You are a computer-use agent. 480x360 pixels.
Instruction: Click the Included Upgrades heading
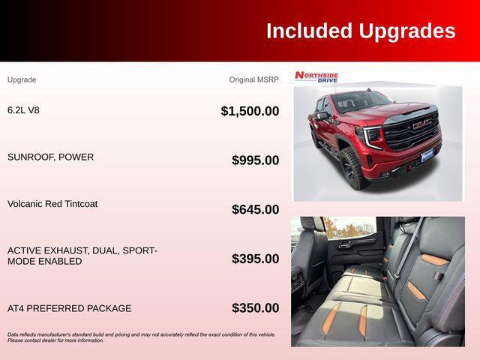coord(360,31)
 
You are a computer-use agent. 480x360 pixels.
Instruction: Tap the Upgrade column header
coord(22,79)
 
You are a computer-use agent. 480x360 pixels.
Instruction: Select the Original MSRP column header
coord(253,79)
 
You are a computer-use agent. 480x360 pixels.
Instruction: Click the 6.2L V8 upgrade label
coord(23,110)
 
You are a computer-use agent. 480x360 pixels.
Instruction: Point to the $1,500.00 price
coord(250,111)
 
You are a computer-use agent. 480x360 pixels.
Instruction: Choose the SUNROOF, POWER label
coord(50,157)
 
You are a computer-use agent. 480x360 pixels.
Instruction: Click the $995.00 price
coord(255,160)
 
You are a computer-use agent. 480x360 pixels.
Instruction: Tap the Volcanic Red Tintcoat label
coord(52,204)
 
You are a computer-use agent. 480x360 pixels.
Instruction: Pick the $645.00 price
coord(255,209)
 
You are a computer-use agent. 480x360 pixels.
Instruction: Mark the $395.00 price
coord(255,259)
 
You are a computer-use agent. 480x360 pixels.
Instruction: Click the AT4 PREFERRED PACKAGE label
coord(69,308)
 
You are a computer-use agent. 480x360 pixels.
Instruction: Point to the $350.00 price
coord(255,307)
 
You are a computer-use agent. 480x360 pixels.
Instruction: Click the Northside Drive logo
coord(316,76)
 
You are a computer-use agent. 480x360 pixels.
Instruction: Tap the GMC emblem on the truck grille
coord(421,125)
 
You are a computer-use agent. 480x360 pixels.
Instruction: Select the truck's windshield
coord(361,101)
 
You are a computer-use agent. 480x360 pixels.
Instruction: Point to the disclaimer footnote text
coord(141,337)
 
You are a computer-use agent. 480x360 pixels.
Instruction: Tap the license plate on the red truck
coord(427,156)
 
